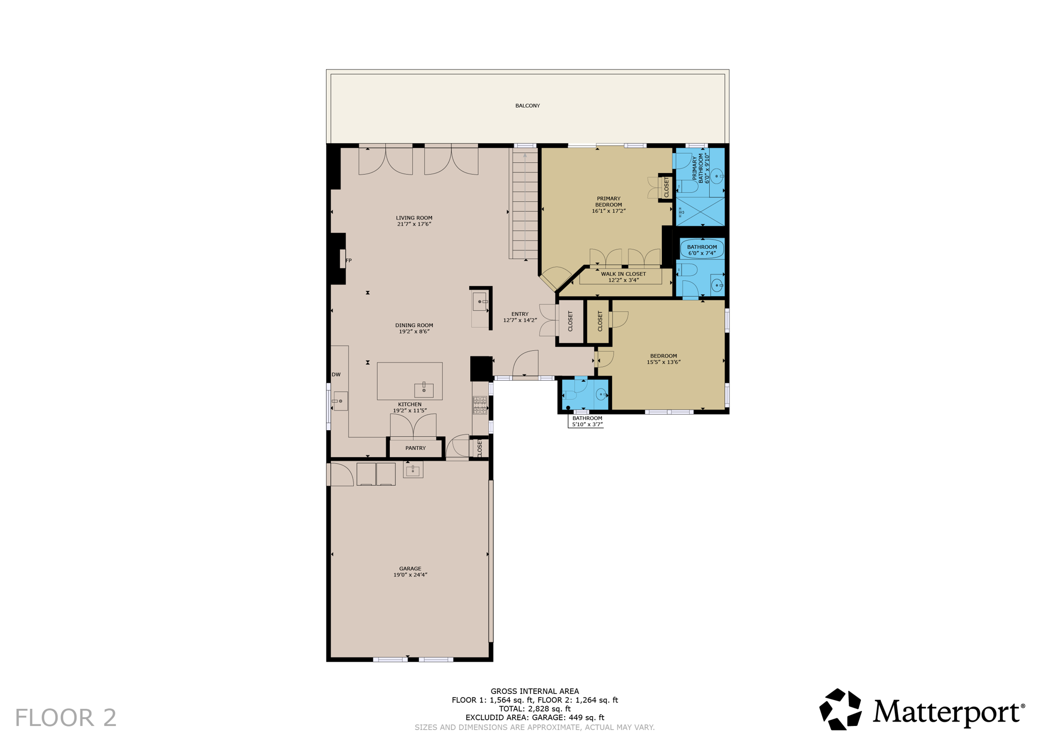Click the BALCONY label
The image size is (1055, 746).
527,106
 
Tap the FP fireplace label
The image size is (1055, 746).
349,261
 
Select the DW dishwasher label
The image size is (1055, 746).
336,375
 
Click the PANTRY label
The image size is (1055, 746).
415,448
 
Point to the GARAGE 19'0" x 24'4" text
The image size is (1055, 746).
410,571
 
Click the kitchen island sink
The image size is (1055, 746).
423,390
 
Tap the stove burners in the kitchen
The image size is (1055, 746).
480,405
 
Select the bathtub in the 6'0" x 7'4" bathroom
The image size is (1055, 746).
702,249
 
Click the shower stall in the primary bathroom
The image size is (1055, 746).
700,211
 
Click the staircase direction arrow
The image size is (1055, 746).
525,155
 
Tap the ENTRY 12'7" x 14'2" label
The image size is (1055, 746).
520,317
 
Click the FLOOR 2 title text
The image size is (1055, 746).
65,718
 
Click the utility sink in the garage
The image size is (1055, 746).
413,470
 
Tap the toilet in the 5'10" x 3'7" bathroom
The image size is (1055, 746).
569,395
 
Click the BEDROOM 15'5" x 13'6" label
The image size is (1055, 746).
663,359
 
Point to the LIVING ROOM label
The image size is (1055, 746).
414,221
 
